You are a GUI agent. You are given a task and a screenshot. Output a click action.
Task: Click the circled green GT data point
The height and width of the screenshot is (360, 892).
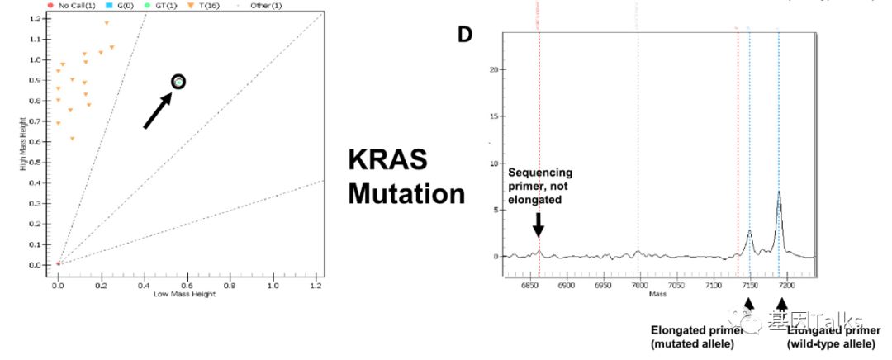(x=178, y=81)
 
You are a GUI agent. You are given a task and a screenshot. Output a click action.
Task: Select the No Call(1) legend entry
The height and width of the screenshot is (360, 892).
(x=75, y=6)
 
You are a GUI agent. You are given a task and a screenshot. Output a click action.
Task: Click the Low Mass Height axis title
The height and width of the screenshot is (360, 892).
(x=185, y=295)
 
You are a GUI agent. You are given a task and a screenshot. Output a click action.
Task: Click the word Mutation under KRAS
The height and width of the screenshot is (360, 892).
(x=406, y=194)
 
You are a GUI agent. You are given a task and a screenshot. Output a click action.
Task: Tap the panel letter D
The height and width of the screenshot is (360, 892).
(x=467, y=35)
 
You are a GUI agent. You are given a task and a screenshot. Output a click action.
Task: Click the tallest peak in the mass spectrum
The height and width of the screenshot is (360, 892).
(x=779, y=193)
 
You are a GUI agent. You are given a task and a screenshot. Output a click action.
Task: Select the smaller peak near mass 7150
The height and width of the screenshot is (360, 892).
(x=749, y=232)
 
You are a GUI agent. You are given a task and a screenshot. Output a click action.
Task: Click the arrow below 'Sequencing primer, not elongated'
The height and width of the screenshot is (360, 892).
(x=539, y=223)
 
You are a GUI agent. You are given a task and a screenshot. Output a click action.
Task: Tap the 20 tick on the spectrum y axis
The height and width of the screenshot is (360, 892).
(x=495, y=70)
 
